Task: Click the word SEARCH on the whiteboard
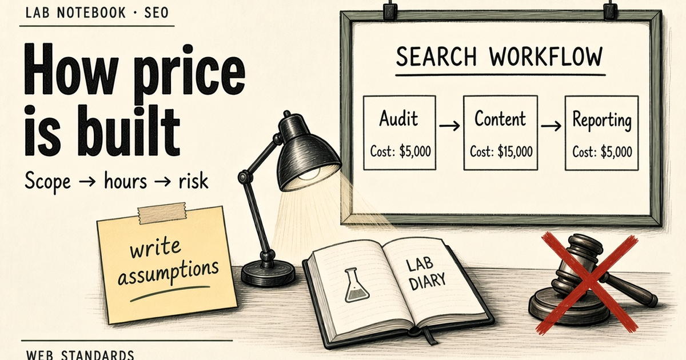[436, 57]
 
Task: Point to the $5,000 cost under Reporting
[616, 152]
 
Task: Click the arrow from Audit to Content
[449, 126]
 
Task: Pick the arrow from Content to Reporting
[551, 126]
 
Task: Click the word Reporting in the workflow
[602, 121]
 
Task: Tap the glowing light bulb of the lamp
[309, 174]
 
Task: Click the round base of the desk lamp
[268, 275]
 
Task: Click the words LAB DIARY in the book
[426, 274]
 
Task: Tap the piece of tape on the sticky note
[162, 213]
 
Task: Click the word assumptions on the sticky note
[168, 273]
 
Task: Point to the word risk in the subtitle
[193, 181]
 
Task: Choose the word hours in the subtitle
[125, 181]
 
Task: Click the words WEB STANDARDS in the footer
[80, 355]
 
